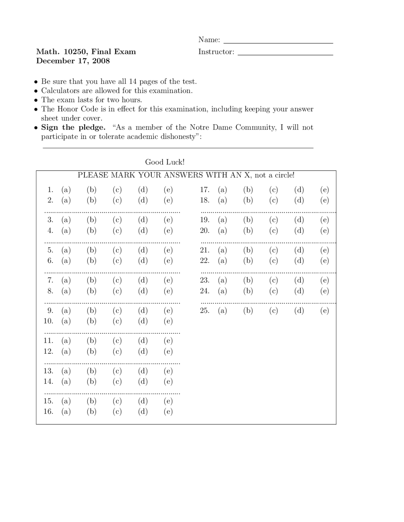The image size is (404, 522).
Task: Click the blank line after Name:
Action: (x=278, y=42)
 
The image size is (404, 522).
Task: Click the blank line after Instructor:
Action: (x=285, y=54)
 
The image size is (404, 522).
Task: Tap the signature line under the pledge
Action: (x=178, y=147)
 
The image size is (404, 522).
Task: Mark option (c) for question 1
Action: (x=117, y=190)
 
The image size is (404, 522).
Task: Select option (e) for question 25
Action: (x=324, y=311)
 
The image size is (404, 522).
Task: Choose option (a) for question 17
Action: (x=222, y=190)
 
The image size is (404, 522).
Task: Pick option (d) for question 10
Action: (x=143, y=321)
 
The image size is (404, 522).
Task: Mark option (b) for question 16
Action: (x=92, y=412)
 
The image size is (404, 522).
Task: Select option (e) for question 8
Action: (x=168, y=291)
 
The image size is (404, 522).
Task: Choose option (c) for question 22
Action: (x=273, y=261)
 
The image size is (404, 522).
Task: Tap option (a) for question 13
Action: (x=66, y=371)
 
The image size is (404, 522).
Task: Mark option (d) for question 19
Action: (x=299, y=220)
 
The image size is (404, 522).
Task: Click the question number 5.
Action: (x=50, y=250)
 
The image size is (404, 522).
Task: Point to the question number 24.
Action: (x=205, y=291)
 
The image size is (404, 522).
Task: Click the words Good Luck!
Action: (x=165, y=162)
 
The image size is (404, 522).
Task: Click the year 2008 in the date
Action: (x=101, y=61)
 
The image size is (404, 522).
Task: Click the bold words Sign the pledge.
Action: (x=73, y=127)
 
